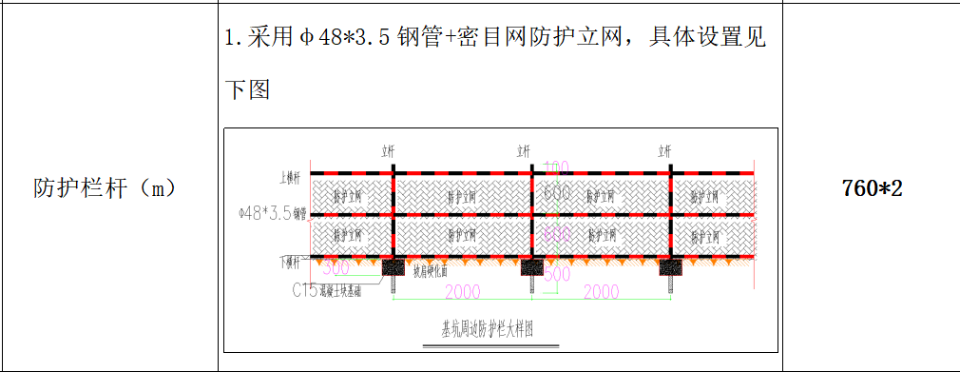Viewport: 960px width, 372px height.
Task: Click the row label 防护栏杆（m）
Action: click(x=106, y=187)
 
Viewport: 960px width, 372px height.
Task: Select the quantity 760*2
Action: click(x=871, y=187)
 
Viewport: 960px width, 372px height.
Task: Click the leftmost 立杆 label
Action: click(x=389, y=150)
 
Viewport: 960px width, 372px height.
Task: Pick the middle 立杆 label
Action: click(x=525, y=150)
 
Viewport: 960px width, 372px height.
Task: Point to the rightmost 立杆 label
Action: click(x=665, y=150)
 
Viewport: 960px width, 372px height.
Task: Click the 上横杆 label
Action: click(x=289, y=177)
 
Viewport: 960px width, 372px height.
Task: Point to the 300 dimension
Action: click(x=337, y=267)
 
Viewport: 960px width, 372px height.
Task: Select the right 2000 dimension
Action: click(x=601, y=290)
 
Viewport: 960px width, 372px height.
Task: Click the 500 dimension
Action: click(x=556, y=274)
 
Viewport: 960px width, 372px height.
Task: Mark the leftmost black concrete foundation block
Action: click(x=393, y=268)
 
